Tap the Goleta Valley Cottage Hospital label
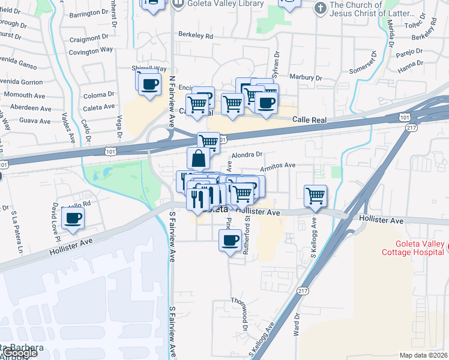click(x=412, y=248)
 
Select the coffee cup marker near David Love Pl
click(x=73, y=218)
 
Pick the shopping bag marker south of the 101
click(x=198, y=158)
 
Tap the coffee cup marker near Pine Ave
click(x=231, y=241)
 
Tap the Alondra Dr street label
click(x=247, y=154)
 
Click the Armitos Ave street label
click(x=280, y=165)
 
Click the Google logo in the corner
click(x=19, y=353)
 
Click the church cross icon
click(x=320, y=7)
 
